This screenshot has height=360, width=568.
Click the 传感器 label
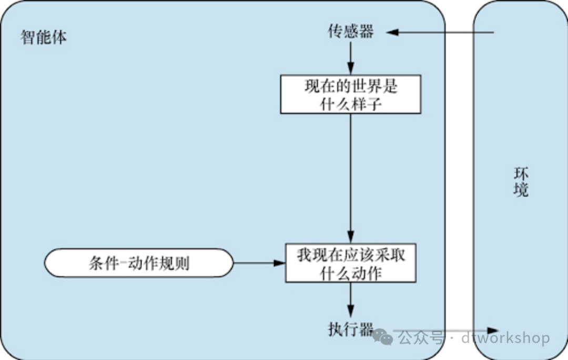[x=350, y=32]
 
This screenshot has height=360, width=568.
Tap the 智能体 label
[x=44, y=38]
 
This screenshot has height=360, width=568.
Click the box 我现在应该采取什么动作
[x=350, y=263]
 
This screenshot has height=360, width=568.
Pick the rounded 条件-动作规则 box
[x=139, y=262]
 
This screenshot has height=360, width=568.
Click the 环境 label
[x=520, y=182]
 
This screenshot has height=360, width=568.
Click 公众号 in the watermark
[x=421, y=337]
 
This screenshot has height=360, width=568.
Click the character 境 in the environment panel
[x=520, y=190]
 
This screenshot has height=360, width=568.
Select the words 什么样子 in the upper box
[x=350, y=103]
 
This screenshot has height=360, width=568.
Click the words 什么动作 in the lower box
[x=350, y=273]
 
